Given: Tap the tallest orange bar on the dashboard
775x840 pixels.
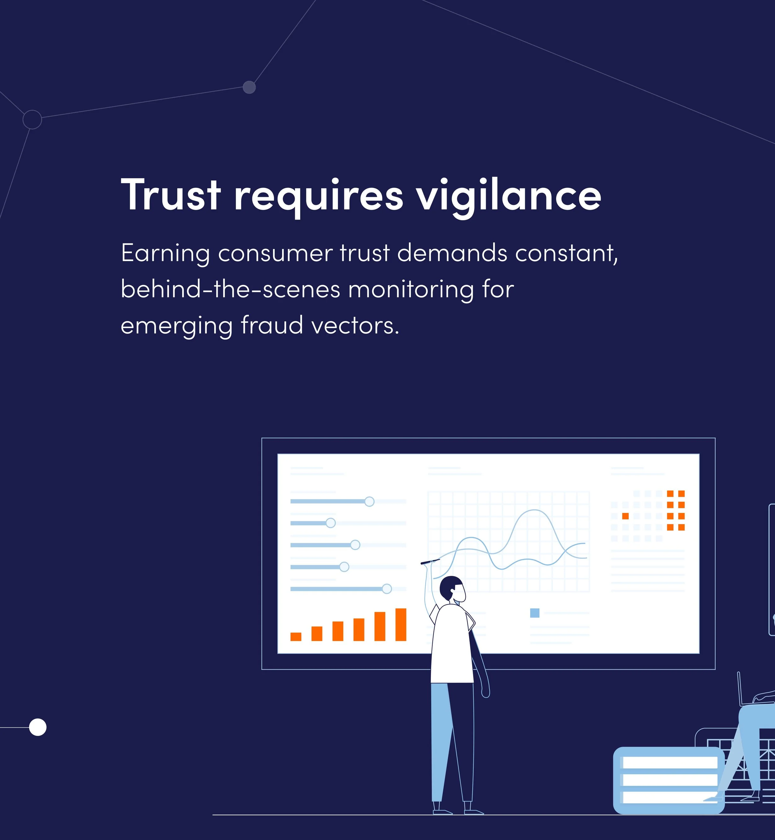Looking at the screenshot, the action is (401, 624).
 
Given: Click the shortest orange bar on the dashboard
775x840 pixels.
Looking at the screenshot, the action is (296, 637).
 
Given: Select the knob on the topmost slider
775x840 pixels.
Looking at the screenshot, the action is (369, 502).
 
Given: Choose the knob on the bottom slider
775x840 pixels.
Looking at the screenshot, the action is (387, 589).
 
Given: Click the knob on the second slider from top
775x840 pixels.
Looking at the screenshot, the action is (330, 523).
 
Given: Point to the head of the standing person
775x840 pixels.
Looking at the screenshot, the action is (453, 589).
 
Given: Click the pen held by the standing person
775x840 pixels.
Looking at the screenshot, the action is (430, 562).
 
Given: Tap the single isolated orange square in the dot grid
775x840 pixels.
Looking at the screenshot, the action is (625, 516).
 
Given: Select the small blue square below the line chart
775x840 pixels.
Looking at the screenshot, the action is (535, 613).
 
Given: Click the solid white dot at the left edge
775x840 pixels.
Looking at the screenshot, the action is (38, 727).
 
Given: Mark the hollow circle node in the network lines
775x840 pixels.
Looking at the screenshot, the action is (32, 119).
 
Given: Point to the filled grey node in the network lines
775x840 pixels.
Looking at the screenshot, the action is (249, 87).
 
